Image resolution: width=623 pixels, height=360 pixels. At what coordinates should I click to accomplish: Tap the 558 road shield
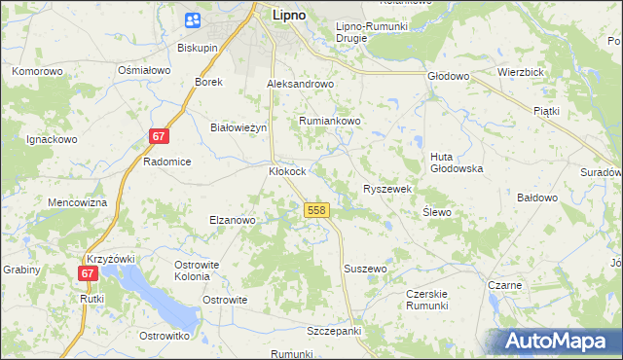315,210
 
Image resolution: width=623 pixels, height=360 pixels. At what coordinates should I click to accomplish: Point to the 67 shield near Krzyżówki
89,274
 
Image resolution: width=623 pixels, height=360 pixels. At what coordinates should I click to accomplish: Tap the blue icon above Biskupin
192,20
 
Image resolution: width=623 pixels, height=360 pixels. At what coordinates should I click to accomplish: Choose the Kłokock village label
287,171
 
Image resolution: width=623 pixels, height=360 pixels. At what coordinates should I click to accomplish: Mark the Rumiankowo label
329,121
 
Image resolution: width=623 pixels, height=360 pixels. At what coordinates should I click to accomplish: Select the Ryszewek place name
388,189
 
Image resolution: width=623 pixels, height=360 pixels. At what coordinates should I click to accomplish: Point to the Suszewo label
366,268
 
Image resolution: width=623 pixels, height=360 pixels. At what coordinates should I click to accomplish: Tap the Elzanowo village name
232,220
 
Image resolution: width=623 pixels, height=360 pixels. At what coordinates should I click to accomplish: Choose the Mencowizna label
77,202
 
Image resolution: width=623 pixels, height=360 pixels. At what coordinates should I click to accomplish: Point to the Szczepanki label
334,331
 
